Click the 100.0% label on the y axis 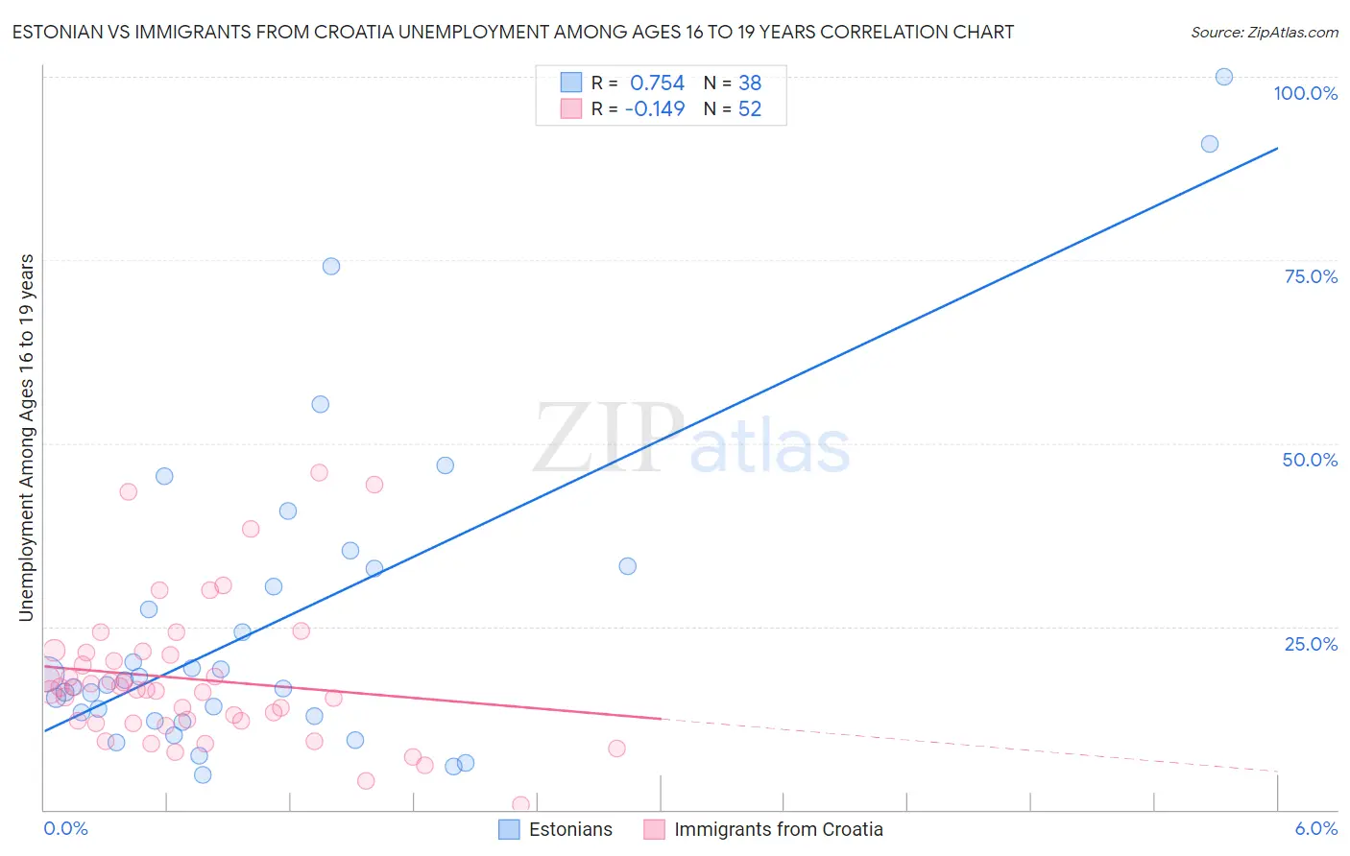point(1305,93)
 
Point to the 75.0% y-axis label point(1311,276)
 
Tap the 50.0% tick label point(1310,460)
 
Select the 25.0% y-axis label point(1311,644)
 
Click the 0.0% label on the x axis point(65,828)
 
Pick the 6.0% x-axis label point(1315,828)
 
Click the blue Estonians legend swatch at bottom point(509,829)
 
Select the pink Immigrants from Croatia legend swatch point(654,829)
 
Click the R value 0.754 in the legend point(657,83)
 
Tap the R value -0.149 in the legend point(655,109)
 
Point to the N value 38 point(750,83)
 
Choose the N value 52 point(750,109)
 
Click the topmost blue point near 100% point(1224,77)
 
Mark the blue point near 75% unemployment point(331,266)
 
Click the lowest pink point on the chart point(520,804)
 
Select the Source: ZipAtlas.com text point(1264,32)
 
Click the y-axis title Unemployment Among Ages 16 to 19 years point(26,438)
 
